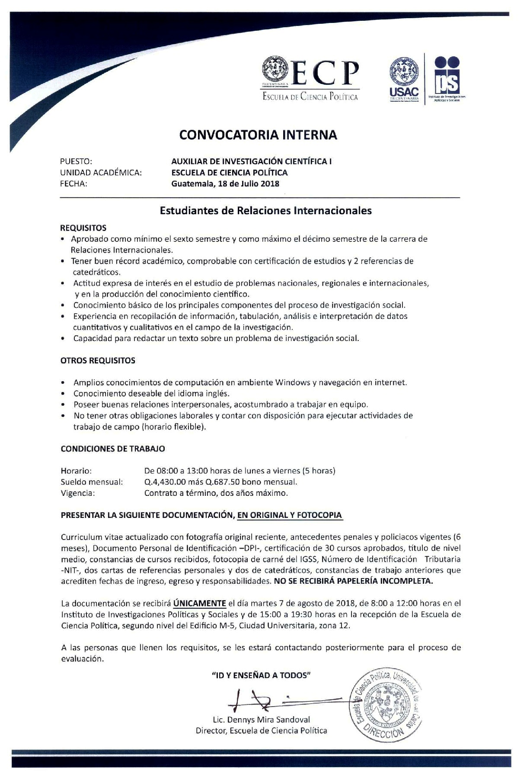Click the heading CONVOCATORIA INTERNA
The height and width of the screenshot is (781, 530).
[258, 135]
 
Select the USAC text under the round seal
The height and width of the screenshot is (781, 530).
[404, 92]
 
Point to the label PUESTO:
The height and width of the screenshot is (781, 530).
[77, 161]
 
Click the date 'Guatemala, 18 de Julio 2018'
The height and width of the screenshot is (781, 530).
[225, 183]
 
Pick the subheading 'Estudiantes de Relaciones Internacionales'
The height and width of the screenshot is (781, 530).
[265, 211]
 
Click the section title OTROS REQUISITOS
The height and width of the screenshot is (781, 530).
[98, 360]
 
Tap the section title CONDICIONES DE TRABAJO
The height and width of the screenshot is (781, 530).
[112, 449]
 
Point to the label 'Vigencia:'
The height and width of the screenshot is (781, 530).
[78, 493]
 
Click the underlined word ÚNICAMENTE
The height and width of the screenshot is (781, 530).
[200, 603]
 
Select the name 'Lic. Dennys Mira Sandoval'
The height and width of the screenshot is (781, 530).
[261, 720]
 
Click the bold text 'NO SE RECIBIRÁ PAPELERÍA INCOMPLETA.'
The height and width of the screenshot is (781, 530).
[354, 581]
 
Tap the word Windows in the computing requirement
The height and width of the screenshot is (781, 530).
[295, 382]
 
